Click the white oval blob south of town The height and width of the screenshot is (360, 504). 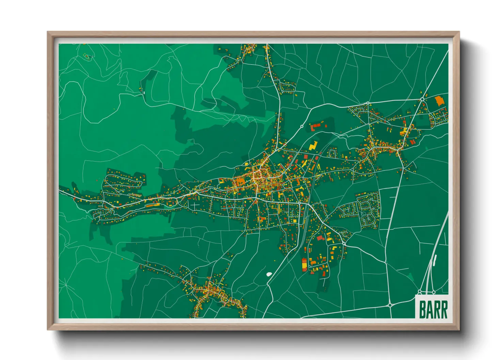269,273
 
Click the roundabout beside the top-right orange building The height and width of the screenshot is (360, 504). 422,99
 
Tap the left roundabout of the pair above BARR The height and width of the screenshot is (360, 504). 420,292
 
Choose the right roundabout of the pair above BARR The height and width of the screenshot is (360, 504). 434,292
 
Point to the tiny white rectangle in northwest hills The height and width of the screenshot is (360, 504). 144,92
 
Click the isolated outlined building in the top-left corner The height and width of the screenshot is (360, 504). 88,56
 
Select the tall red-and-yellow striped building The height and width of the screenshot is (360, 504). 304,264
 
